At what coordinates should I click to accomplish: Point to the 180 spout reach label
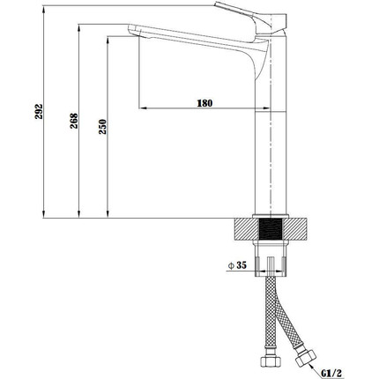(204, 103)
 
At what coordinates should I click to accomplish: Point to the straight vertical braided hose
(268, 317)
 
